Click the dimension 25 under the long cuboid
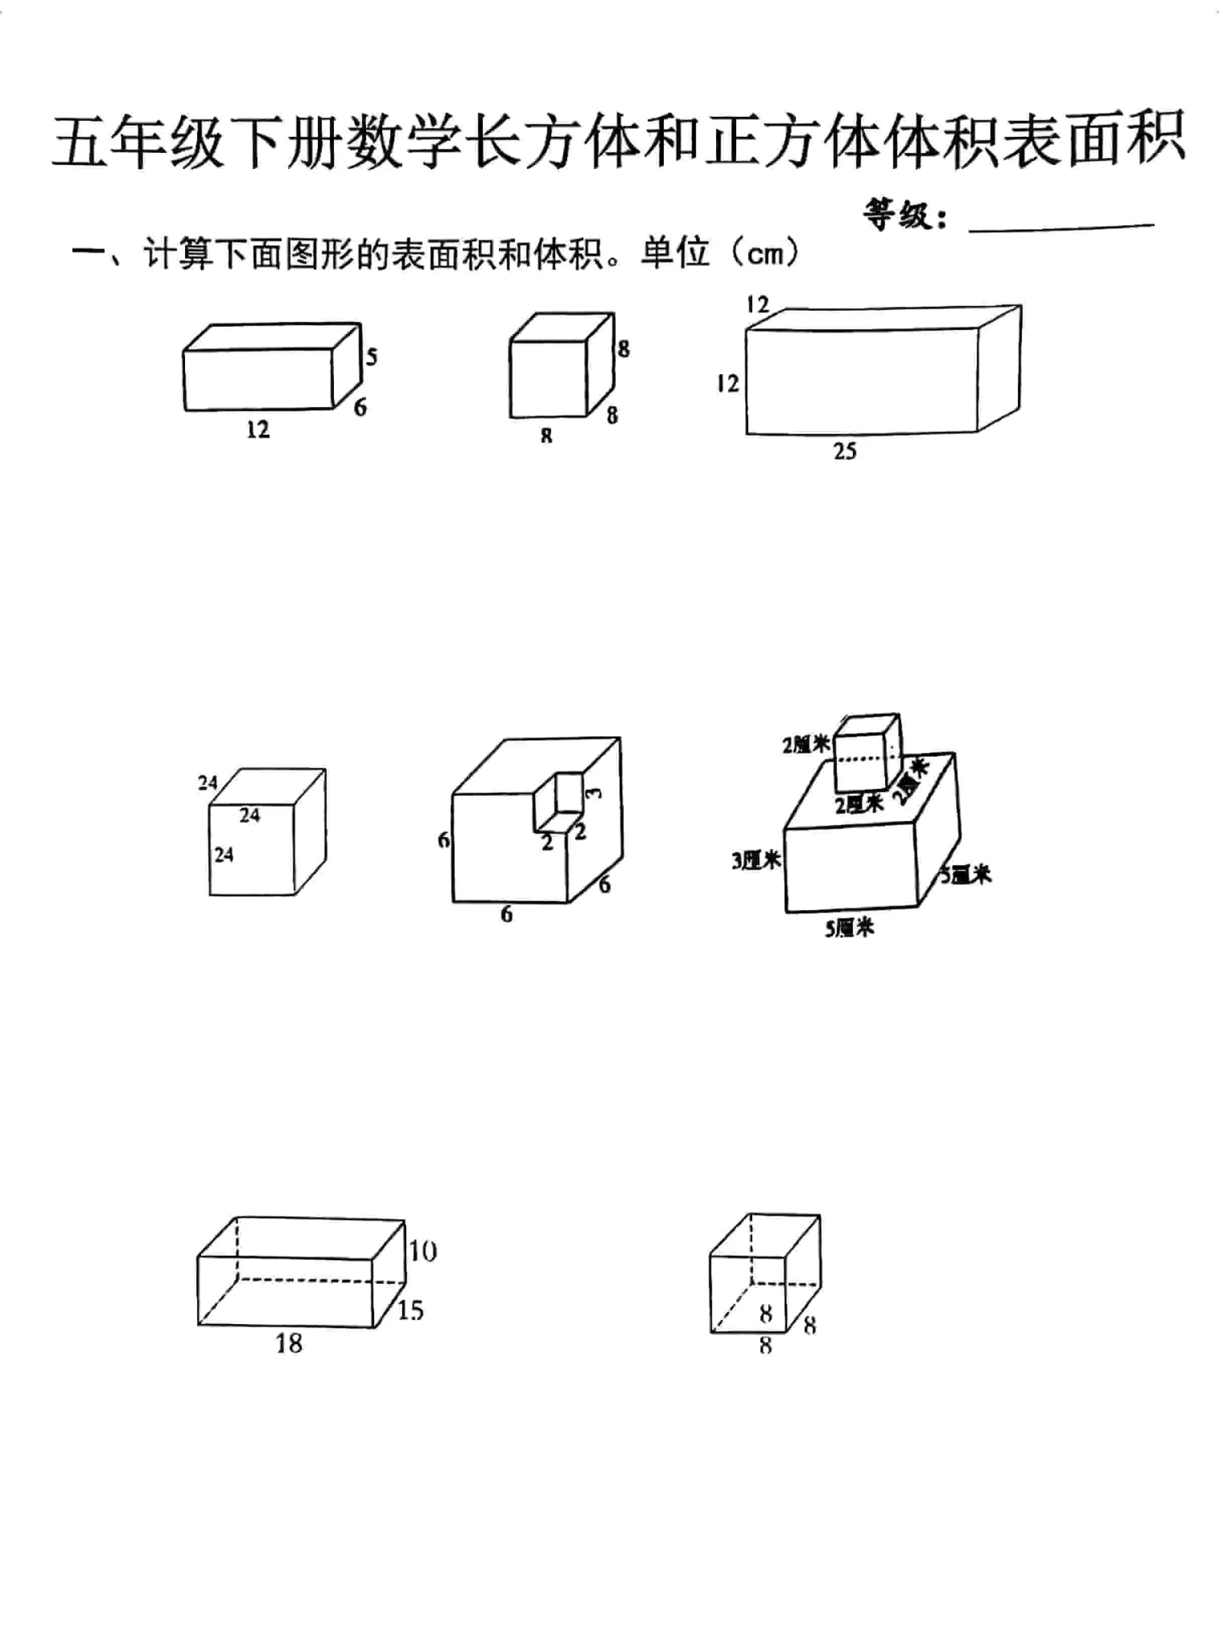tap(845, 451)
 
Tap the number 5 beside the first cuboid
tap(371, 357)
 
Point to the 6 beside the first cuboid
tap(360, 407)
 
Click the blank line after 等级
tap(1061, 224)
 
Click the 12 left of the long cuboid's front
tap(728, 383)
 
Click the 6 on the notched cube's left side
tap(444, 840)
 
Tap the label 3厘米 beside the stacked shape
tap(756, 860)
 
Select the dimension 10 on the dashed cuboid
tap(423, 1251)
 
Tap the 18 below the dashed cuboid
tap(289, 1343)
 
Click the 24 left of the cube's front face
tap(224, 855)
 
